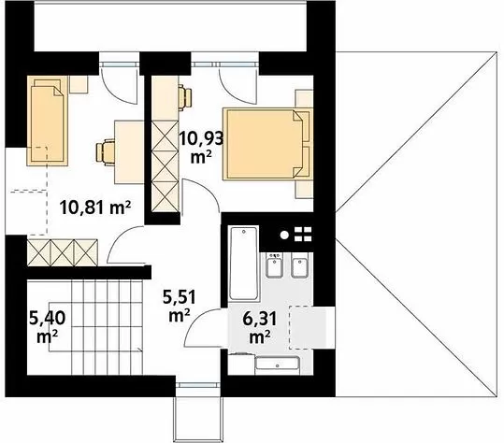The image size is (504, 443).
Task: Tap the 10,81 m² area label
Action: coord(95,207)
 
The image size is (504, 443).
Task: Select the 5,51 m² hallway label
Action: coord(179,306)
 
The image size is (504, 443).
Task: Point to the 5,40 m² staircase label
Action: coord(48,327)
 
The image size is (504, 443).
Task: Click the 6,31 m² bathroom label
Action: coord(260,327)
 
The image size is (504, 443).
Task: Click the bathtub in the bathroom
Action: coord(244,264)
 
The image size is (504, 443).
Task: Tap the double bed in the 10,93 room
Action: coord(267,144)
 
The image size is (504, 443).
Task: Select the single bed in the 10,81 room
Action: coord(48,121)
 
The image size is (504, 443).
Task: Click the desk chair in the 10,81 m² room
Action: coord(105,152)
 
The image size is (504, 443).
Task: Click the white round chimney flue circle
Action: coord(284,235)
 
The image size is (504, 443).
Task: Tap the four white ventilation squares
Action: coord(303,235)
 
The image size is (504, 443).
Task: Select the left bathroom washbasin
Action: coord(275,265)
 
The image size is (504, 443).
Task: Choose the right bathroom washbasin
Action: coord(300,265)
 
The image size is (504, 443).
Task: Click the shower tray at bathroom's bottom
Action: coord(278,366)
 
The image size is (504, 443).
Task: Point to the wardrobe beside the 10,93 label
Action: coord(166,165)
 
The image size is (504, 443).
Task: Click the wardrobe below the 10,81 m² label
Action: coord(63,252)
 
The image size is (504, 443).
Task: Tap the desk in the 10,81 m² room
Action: coord(129,152)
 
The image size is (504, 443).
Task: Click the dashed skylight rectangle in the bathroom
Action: coord(309,327)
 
